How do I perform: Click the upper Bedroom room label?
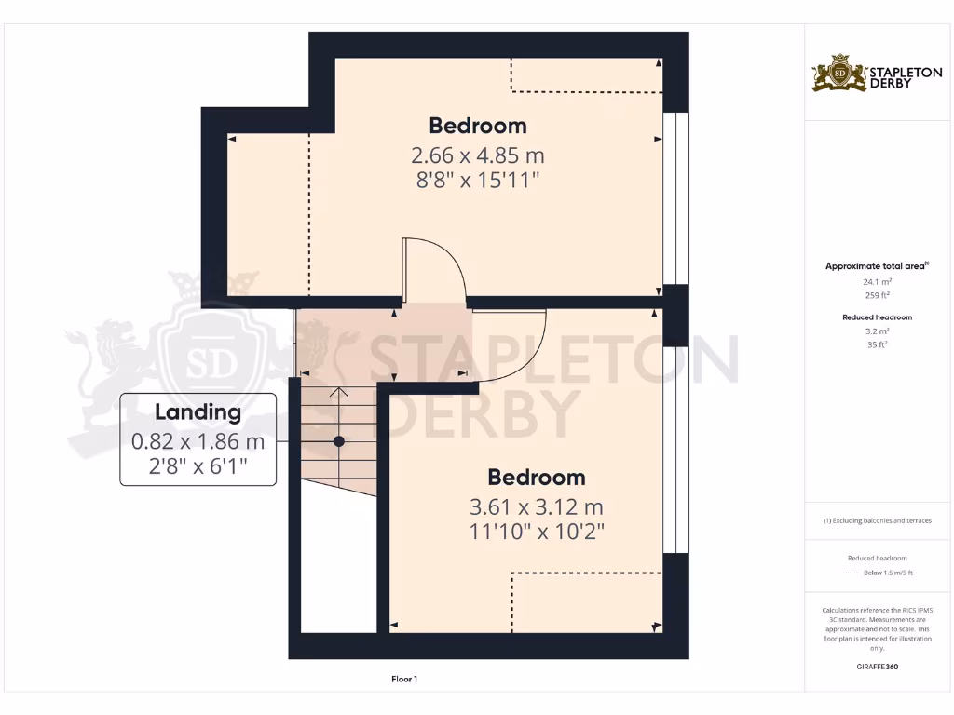(x=477, y=126)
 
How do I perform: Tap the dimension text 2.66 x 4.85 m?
(x=477, y=155)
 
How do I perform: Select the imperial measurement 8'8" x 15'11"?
(x=477, y=180)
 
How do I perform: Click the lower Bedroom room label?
(x=537, y=478)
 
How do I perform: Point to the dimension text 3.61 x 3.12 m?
(x=537, y=507)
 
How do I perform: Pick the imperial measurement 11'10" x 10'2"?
(x=537, y=532)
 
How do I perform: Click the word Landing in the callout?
(x=198, y=411)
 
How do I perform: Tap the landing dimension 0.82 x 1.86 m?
(x=198, y=440)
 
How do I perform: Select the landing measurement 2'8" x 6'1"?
(x=198, y=465)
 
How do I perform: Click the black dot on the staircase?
(x=339, y=441)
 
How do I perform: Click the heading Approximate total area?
(x=876, y=266)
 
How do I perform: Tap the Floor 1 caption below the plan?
(x=403, y=680)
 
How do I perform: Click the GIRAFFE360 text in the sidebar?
(x=878, y=667)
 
